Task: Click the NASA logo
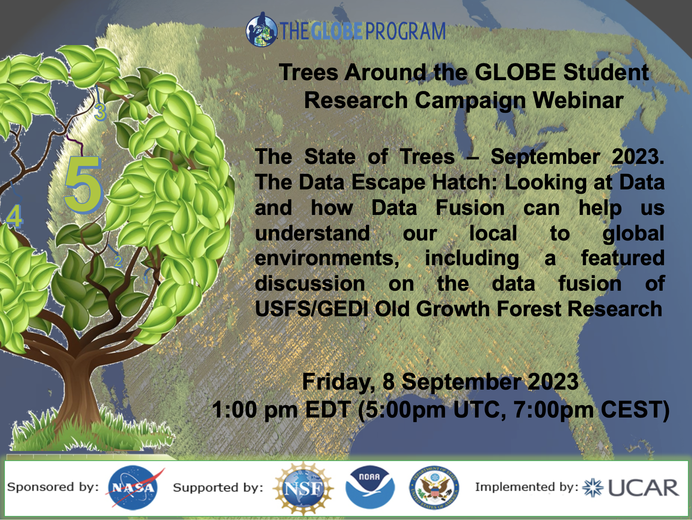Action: coord(134,487)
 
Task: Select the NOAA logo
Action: coord(370,487)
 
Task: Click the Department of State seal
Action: coord(435,488)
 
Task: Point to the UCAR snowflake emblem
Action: coord(593,488)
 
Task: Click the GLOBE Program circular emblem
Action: coord(262,30)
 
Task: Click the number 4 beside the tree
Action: coord(14,216)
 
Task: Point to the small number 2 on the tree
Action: coord(118,261)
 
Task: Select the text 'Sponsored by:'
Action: coord(53,487)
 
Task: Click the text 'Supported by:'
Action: coord(218,487)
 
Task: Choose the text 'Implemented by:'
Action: coord(527,487)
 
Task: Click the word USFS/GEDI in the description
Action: coord(311,309)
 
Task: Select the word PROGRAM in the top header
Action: coord(405,31)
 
